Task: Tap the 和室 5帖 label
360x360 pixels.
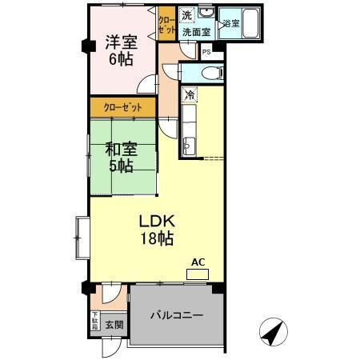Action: (122, 157)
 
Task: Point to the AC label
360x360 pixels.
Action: (197, 261)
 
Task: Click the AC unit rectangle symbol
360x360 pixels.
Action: (197, 274)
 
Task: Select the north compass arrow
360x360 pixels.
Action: (272, 331)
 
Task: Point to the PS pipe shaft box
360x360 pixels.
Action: (206, 53)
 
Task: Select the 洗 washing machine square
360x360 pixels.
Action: (186, 15)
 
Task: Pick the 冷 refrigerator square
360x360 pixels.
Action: (190, 95)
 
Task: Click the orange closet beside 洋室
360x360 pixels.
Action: (166, 25)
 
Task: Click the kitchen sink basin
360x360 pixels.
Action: (190, 145)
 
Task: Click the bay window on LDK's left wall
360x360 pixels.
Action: (82, 237)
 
